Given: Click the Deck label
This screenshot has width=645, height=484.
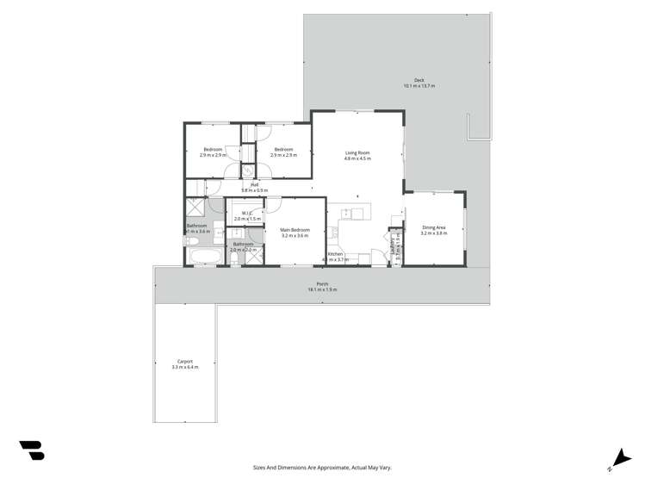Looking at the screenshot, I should pyautogui.click(x=419, y=80).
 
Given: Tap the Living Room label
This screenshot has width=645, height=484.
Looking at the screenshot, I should pyautogui.click(x=357, y=153).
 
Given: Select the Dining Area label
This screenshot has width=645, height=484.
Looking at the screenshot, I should pyautogui.click(x=433, y=227).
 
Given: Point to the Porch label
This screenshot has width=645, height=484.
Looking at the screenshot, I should pyautogui.click(x=322, y=284).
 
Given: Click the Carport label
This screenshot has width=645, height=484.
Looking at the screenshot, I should pyautogui.click(x=184, y=362).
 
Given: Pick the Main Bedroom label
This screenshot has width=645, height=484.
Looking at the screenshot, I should pyautogui.click(x=295, y=230).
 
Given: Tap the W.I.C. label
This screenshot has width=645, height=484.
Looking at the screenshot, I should pyautogui.click(x=247, y=213).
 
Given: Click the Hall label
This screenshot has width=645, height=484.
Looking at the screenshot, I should pyautogui.click(x=255, y=184).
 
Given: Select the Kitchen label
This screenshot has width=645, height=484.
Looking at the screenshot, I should pyautogui.click(x=335, y=254).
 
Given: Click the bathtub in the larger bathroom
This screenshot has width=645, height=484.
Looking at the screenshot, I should pyautogui.click(x=204, y=257).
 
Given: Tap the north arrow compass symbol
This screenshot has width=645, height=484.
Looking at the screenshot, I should pyautogui.click(x=619, y=459).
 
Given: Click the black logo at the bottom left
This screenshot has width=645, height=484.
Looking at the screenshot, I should pyautogui.click(x=32, y=450).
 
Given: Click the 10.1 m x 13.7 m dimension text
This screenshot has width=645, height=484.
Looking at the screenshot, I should pyautogui.click(x=419, y=86).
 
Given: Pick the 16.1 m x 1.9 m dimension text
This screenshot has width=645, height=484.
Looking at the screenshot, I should pyautogui.click(x=322, y=290).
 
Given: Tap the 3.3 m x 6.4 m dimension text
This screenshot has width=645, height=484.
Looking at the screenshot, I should pyautogui.click(x=184, y=368).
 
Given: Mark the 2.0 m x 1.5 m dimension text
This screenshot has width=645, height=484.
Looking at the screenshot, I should pyautogui.click(x=247, y=219).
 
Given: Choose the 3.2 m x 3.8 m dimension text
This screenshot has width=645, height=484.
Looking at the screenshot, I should pyautogui.click(x=433, y=233).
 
